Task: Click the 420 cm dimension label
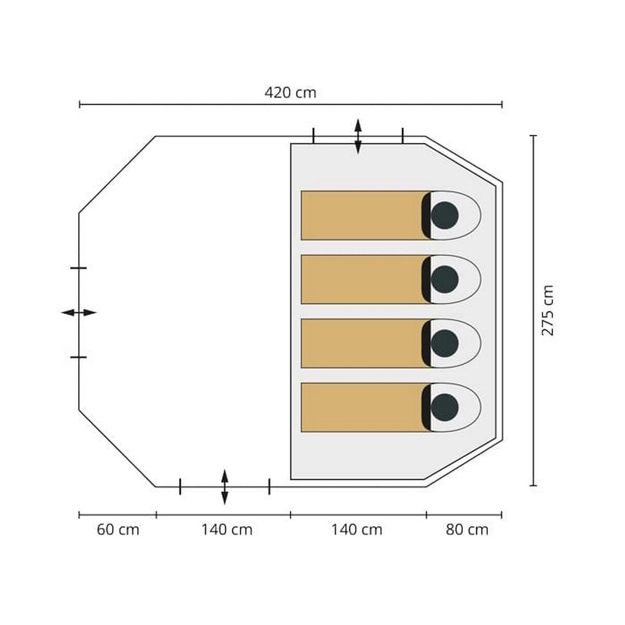point(290,93)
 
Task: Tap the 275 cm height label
point(548,310)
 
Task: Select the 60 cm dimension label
point(118,530)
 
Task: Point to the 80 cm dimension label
point(467,530)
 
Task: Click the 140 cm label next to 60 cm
point(227,530)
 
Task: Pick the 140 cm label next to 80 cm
point(357,530)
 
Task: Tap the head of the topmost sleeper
point(445,215)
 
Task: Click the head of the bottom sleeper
point(445,408)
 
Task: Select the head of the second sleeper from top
point(445,279)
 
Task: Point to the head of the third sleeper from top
point(445,343)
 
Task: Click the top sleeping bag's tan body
point(361,215)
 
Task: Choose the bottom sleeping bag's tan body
point(361,408)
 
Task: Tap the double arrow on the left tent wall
point(79,312)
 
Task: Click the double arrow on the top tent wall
point(358,136)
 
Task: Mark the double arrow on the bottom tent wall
point(224,487)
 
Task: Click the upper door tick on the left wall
point(79,268)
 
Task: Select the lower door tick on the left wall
point(79,357)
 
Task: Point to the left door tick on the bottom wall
point(180,486)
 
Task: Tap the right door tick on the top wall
point(403,135)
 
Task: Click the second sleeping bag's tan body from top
point(361,279)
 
